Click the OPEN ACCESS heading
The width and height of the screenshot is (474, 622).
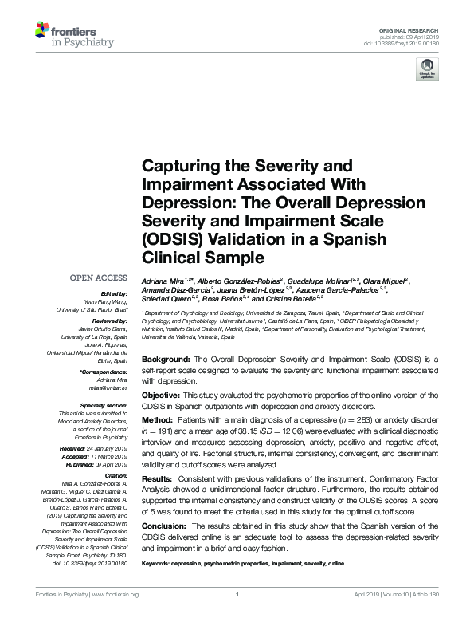click(98, 278)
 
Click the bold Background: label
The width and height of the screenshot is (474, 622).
click(165, 360)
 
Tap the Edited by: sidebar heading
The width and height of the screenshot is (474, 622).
click(112, 294)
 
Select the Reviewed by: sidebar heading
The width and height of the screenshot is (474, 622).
click(108, 320)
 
